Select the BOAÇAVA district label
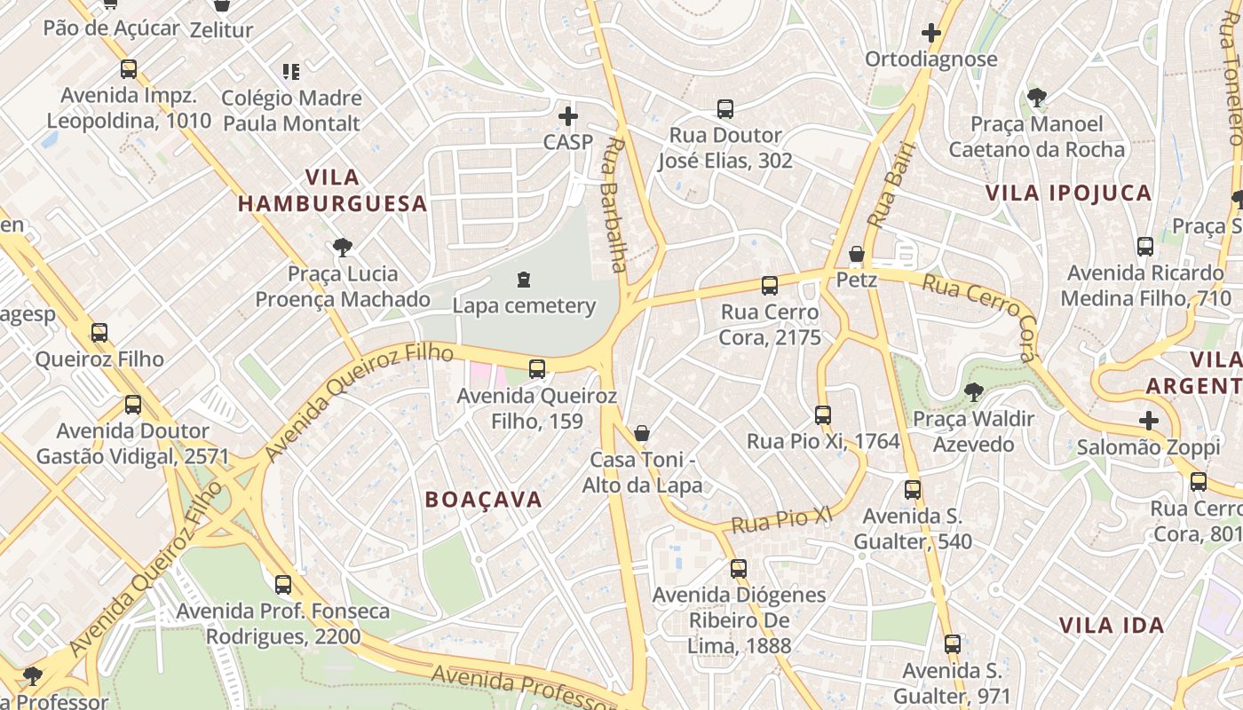[483, 500]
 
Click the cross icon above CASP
[567, 116]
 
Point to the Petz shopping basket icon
[857, 255]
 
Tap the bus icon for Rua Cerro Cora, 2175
[770, 286]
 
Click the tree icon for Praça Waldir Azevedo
[974, 391]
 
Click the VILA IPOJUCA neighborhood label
[1068, 193]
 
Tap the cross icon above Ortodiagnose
[930, 34]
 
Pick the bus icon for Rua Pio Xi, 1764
[823, 414]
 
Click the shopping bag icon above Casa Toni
[642, 433]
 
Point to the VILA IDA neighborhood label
[1111, 625]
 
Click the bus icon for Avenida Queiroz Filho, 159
[536, 369]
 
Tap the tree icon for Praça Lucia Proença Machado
[342, 248]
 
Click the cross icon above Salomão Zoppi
[1149, 421]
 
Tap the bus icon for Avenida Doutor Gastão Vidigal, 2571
[133, 405]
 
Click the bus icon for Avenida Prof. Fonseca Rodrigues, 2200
[282, 585]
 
